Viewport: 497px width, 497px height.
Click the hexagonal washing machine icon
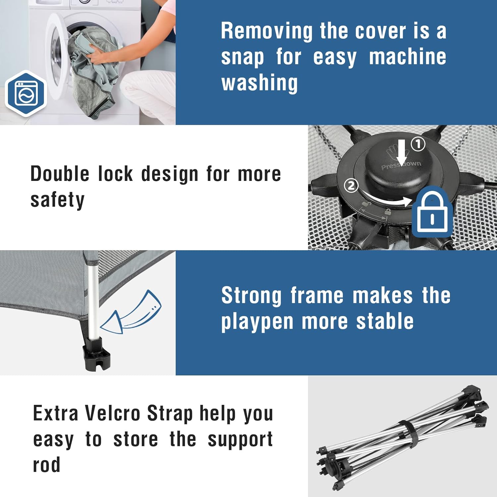click(x=26, y=93)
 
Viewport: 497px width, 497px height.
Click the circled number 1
click(x=418, y=144)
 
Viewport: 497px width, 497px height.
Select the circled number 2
click(x=352, y=186)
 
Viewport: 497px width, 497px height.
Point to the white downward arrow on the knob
click(x=402, y=152)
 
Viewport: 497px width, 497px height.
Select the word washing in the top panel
click(x=260, y=83)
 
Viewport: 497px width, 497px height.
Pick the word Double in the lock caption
click(x=60, y=174)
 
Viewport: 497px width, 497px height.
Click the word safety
click(x=58, y=200)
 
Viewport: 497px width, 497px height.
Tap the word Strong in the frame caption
click(x=251, y=296)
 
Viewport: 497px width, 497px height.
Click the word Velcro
click(x=112, y=413)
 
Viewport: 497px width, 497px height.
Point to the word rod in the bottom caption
click(x=47, y=465)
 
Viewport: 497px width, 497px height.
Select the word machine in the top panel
click(x=408, y=57)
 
